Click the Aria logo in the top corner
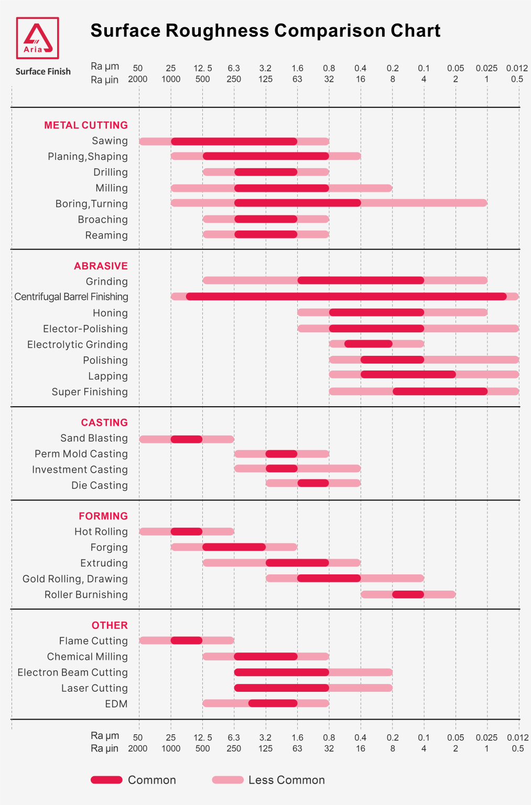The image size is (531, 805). click(x=37, y=38)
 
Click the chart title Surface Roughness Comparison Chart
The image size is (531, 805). click(x=265, y=31)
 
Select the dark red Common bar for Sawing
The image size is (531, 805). click(x=234, y=142)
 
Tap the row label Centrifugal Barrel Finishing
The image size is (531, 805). click(x=71, y=297)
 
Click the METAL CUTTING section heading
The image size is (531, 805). click(x=86, y=125)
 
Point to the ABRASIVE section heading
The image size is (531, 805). click(x=101, y=266)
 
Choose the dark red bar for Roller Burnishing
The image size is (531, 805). click(x=408, y=594)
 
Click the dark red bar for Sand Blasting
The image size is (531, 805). click(x=187, y=439)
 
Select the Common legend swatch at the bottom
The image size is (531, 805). click(x=106, y=780)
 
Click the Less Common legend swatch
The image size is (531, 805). click(x=227, y=780)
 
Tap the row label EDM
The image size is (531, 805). click(x=116, y=704)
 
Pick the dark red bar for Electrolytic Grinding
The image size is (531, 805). click(x=368, y=344)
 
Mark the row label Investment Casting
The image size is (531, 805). click(x=80, y=470)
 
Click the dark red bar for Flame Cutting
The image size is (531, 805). click(x=187, y=640)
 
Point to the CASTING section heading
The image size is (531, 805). click(x=104, y=422)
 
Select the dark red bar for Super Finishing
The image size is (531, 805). click(x=440, y=391)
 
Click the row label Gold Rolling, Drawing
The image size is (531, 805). click(x=75, y=579)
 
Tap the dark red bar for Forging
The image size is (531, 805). click(x=234, y=547)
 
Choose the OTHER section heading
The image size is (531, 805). click(x=110, y=625)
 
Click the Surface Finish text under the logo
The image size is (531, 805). click(x=43, y=72)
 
